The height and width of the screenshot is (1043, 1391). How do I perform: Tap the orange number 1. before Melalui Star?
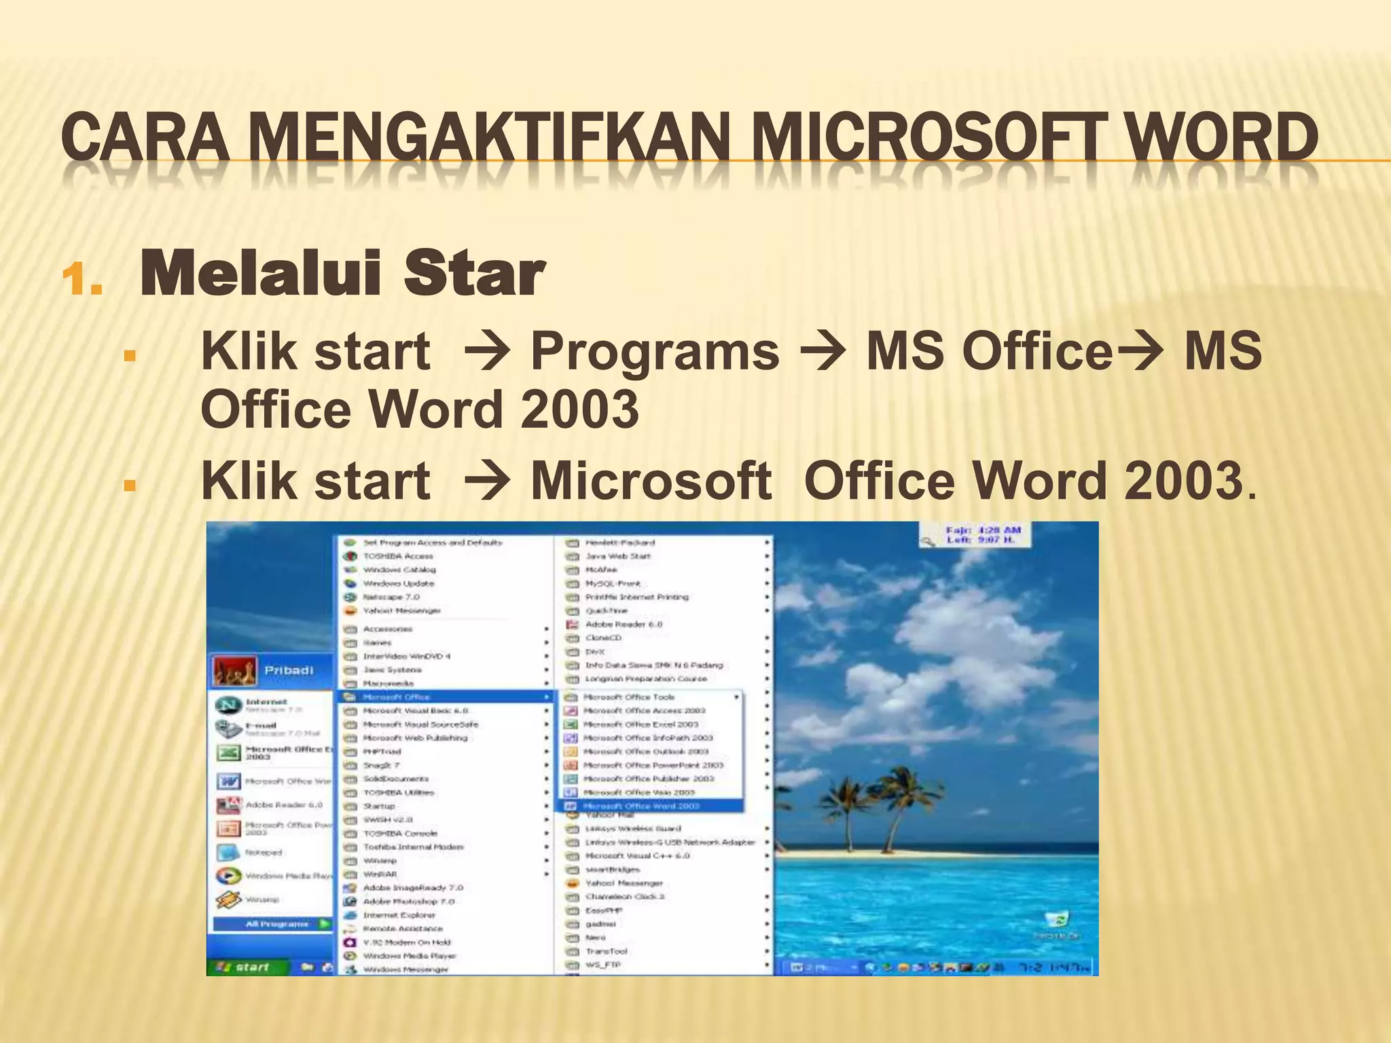[82, 280]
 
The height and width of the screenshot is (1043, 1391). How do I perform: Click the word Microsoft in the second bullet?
[651, 481]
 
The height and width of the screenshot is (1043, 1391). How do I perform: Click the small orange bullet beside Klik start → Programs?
[130, 355]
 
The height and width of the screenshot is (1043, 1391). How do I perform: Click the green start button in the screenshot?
[246, 967]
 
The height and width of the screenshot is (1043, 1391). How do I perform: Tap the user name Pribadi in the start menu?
[289, 670]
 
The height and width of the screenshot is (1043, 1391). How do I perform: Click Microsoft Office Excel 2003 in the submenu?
[640, 724]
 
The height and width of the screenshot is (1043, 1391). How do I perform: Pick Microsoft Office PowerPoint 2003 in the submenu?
[652, 765]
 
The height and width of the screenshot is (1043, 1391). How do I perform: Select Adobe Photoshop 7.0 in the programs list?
[408, 902]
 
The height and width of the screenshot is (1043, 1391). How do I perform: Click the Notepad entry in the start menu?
[264, 852]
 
